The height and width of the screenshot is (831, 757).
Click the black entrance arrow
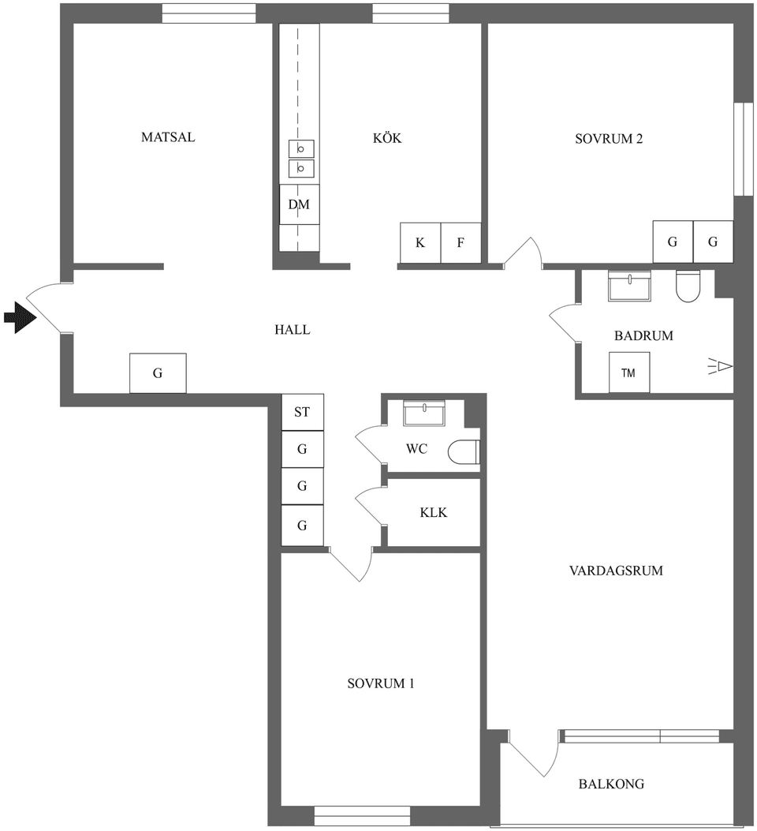pos(21,318)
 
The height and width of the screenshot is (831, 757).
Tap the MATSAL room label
pos(167,137)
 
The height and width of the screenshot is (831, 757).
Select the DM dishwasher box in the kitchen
pos(299,205)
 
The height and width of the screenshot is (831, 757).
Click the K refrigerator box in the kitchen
pos(420,243)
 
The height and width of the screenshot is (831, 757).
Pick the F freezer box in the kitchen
pos(461,243)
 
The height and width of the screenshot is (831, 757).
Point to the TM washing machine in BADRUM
pos(628,372)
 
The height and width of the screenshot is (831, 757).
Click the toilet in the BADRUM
pos(688,287)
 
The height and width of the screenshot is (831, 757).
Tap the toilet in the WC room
pos(464,452)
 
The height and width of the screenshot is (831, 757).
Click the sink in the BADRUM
pos(629,285)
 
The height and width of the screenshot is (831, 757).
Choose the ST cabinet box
pos(302,412)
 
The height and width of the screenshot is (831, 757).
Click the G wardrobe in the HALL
pos(158,373)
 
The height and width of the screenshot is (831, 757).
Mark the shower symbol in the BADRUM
pos(721,366)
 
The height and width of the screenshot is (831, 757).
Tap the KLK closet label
pos(433,513)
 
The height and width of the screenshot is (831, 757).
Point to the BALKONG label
pos(611,784)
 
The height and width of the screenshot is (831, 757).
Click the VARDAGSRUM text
pos(615,571)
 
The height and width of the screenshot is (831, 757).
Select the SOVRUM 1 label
pos(381,683)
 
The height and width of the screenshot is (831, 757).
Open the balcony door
pos(531,756)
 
